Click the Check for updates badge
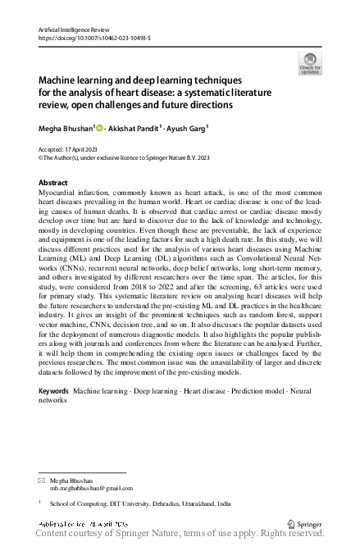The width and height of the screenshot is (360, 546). [x=310, y=63]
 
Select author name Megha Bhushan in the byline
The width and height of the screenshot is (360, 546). [x=67, y=127]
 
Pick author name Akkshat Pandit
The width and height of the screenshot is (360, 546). [x=137, y=127]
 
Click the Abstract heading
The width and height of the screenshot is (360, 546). [x=53, y=182]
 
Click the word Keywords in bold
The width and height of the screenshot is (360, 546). [x=54, y=392]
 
